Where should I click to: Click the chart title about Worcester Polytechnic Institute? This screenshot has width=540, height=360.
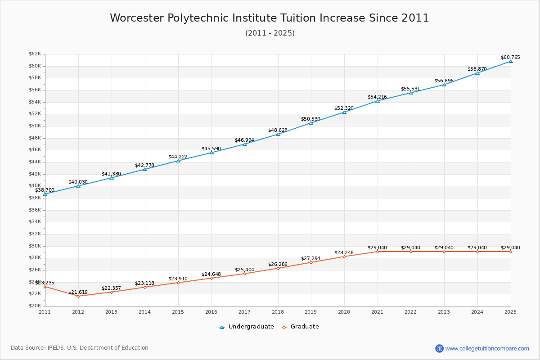click(270, 18)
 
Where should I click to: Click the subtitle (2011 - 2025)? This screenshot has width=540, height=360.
click(270, 33)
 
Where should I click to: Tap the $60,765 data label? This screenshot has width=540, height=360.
click(510, 57)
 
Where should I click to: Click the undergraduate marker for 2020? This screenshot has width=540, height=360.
click(344, 112)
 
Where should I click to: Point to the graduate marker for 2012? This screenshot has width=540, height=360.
click(78, 296)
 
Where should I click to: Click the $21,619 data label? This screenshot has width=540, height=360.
click(78, 292)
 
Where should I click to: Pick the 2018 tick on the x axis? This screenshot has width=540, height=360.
click(278, 311)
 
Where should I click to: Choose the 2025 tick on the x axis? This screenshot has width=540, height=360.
click(510, 311)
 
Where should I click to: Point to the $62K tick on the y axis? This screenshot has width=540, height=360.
click(35, 54)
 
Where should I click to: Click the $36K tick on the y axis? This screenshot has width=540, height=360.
click(35, 210)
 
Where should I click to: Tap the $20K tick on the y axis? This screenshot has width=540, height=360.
click(35, 306)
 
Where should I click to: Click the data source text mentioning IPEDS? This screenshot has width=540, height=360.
click(80, 348)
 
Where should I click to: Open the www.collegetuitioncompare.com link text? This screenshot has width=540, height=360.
click(487, 348)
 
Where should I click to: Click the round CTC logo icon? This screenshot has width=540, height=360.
click(439, 348)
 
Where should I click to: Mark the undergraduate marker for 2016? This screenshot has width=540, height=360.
click(211, 153)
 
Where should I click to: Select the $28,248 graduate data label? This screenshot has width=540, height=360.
click(344, 252)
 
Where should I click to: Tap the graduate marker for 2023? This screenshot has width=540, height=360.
click(444, 252)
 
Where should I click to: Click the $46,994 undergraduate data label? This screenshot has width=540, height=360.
click(244, 140)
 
